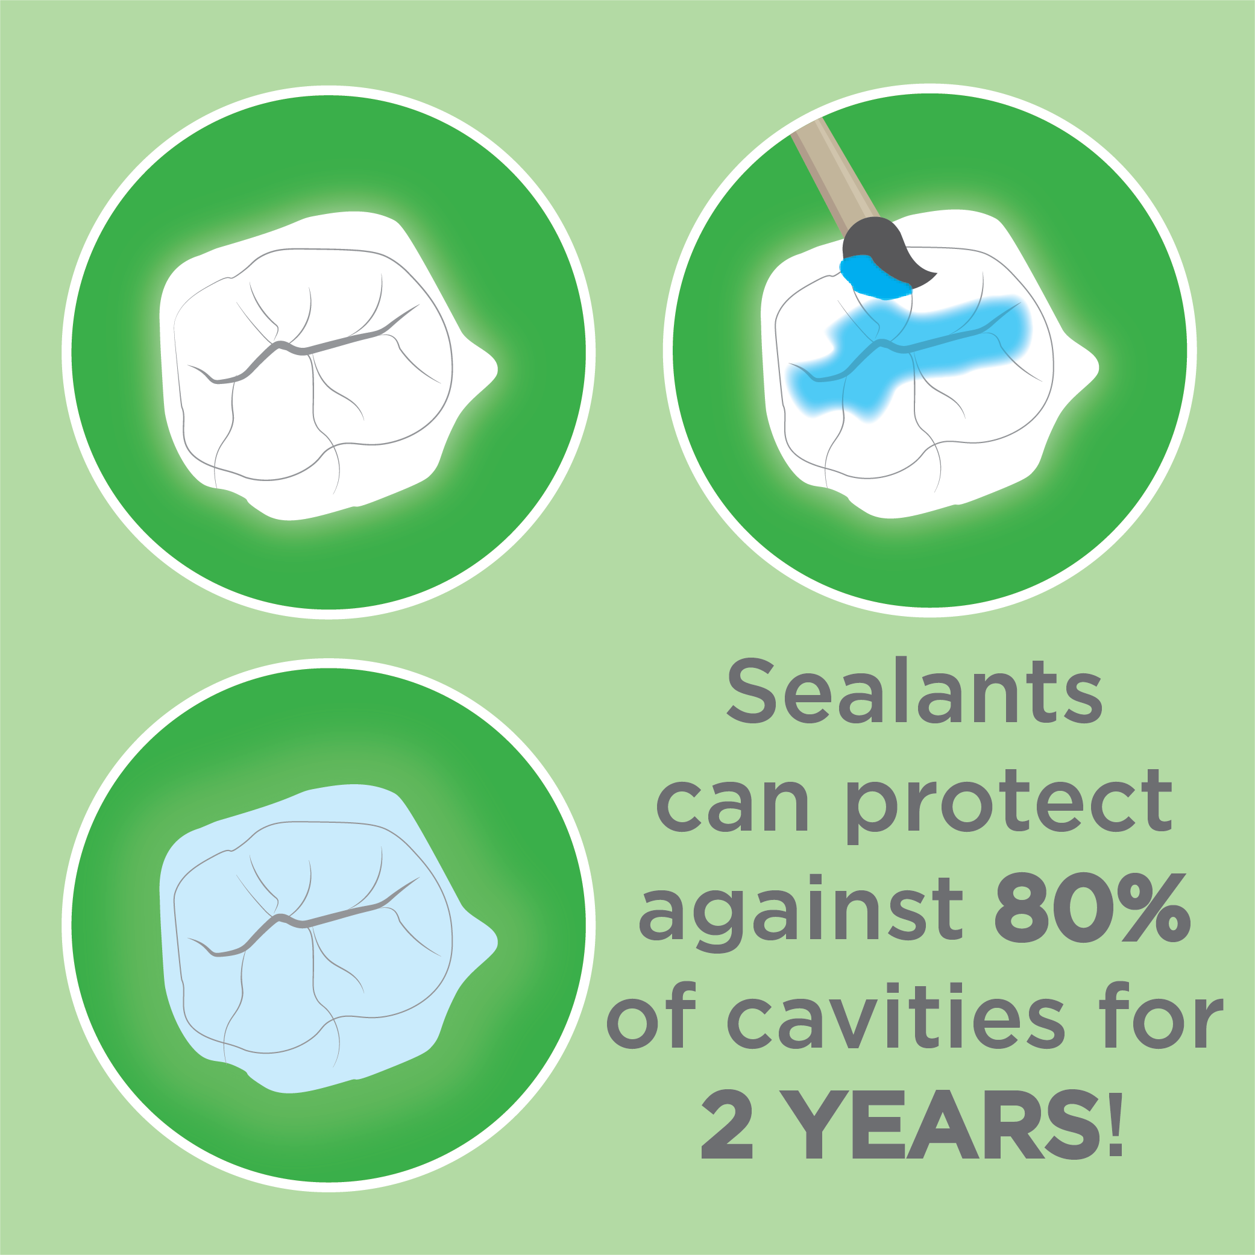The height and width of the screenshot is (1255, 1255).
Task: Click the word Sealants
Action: point(914,691)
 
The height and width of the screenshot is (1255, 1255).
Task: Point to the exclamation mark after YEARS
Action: point(1116,1124)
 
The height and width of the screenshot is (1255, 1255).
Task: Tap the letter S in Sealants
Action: point(752,691)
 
